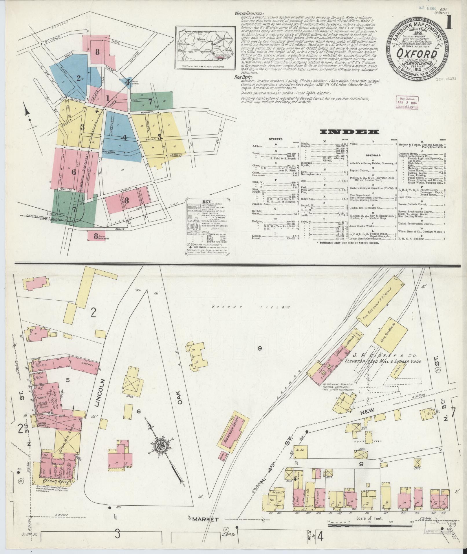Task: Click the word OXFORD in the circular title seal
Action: pyautogui.click(x=417, y=54)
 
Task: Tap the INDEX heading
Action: pyautogui.click(x=349, y=132)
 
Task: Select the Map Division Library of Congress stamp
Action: pyautogui.click(x=407, y=103)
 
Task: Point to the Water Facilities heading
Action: pyautogui.click(x=249, y=14)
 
